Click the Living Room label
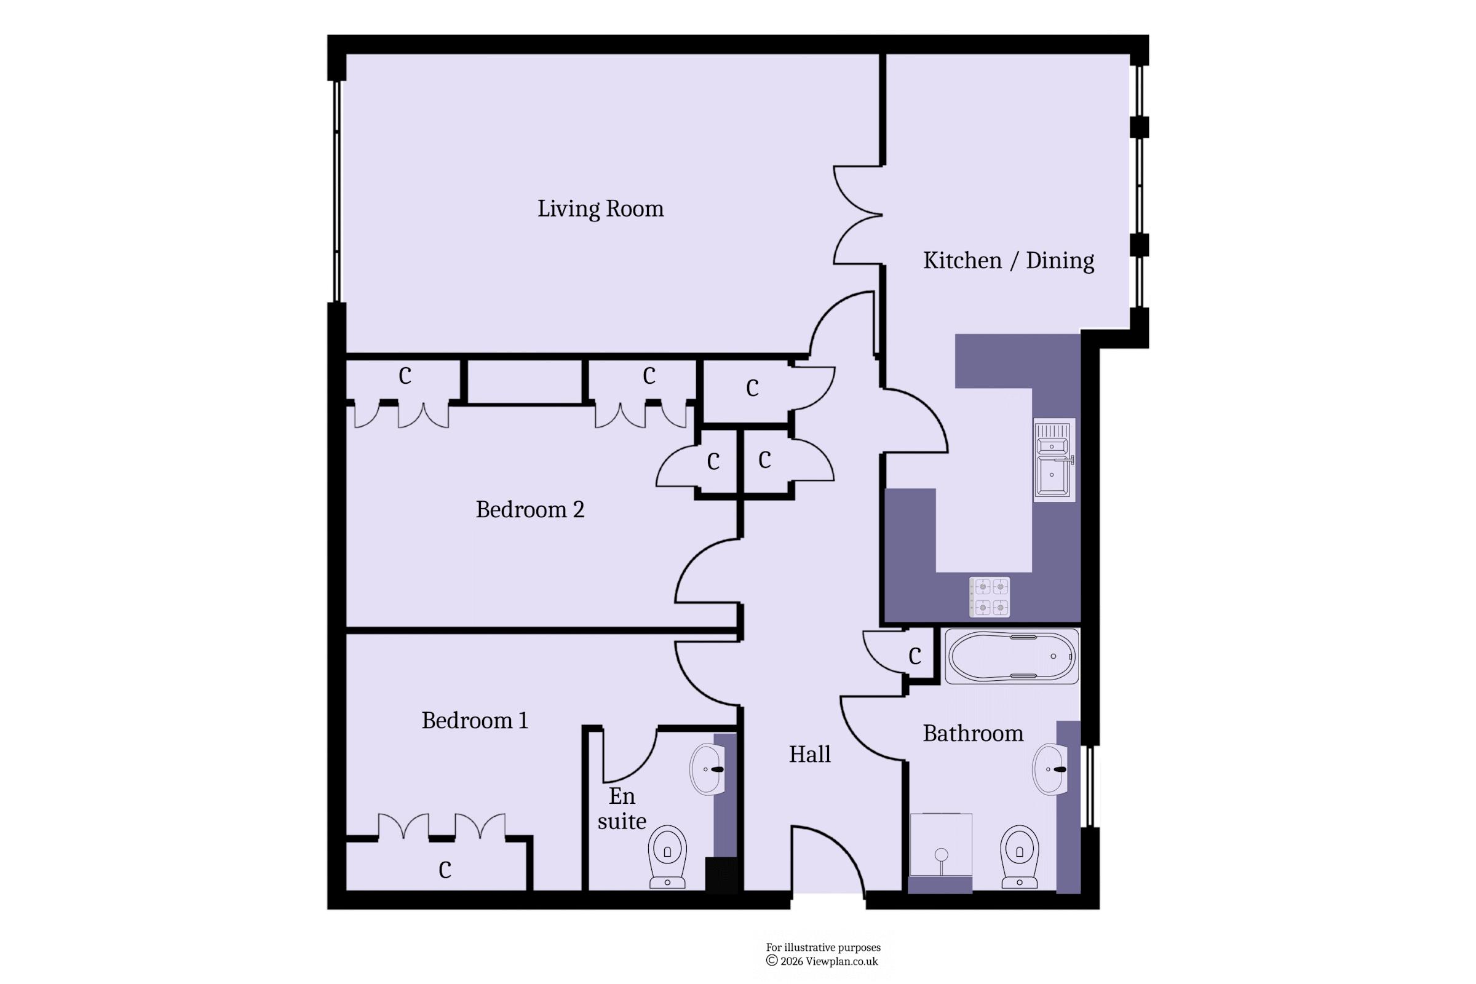tap(600, 208)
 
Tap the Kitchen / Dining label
tap(1009, 260)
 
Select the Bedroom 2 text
tap(530, 509)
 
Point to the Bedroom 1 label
tap(474, 720)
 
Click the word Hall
tap(809, 754)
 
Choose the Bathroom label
tap(973, 733)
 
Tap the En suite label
tap(621, 808)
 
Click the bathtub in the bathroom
tap(1012, 656)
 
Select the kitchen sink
tap(1054, 460)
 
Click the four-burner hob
tap(990, 597)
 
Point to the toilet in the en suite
tap(667, 857)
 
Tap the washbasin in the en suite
tap(707, 769)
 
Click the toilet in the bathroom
tap(1019, 857)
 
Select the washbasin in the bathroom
tap(1050, 769)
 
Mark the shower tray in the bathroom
tap(941, 845)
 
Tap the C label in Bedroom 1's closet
tap(445, 870)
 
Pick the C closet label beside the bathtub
tap(915, 656)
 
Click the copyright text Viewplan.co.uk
tap(841, 961)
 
